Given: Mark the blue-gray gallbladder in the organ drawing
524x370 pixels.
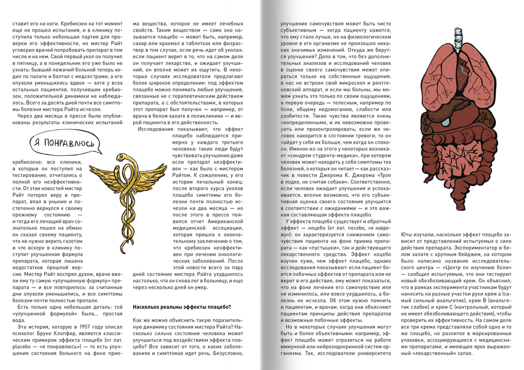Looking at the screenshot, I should (x=447, y=115).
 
